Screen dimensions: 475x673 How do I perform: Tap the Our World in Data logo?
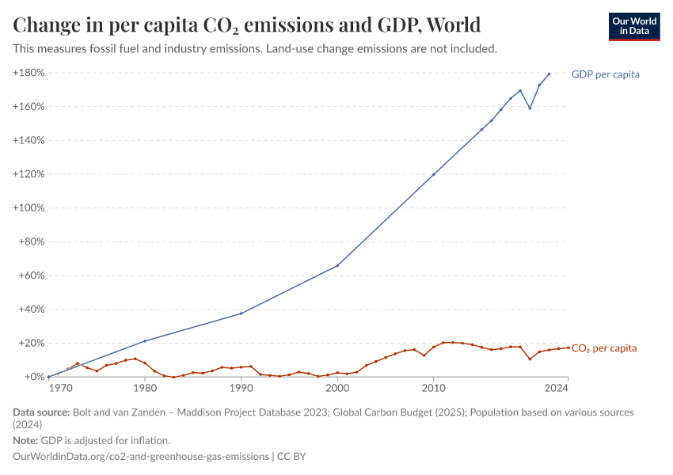pyautogui.click(x=634, y=26)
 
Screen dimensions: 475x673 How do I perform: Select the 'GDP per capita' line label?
pyautogui.click(x=605, y=74)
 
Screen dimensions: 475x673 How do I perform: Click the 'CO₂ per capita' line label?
pyautogui.click(x=603, y=348)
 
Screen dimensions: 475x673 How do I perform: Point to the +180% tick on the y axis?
pyautogui.click(x=28, y=73)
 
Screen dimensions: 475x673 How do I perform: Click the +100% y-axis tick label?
pyautogui.click(x=28, y=208)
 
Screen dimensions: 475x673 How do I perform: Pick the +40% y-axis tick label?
pyautogui.click(x=30, y=310)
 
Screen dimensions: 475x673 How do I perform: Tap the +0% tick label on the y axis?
pyautogui.click(x=32, y=378)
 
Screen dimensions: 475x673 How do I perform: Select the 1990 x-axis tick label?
pyautogui.click(x=241, y=388)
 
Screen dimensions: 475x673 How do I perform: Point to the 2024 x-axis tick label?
pyautogui.click(x=557, y=388)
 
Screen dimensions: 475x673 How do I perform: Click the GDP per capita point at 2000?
pyautogui.click(x=337, y=265)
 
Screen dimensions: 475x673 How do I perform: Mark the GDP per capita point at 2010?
pyautogui.click(x=433, y=174)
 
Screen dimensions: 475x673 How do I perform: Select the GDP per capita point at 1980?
pyautogui.click(x=144, y=341)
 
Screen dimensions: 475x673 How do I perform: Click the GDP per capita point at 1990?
pyautogui.click(x=241, y=313)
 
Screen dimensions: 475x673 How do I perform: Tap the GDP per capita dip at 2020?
pyautogui.click(x=530, y=108)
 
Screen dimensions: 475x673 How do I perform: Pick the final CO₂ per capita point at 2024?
pyautogui.click(x=568, y=348)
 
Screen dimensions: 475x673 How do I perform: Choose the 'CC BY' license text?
pyautogui.click(x=294, y=457)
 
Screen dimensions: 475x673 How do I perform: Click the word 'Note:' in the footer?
pyautogui.click(x=25, y=440)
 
